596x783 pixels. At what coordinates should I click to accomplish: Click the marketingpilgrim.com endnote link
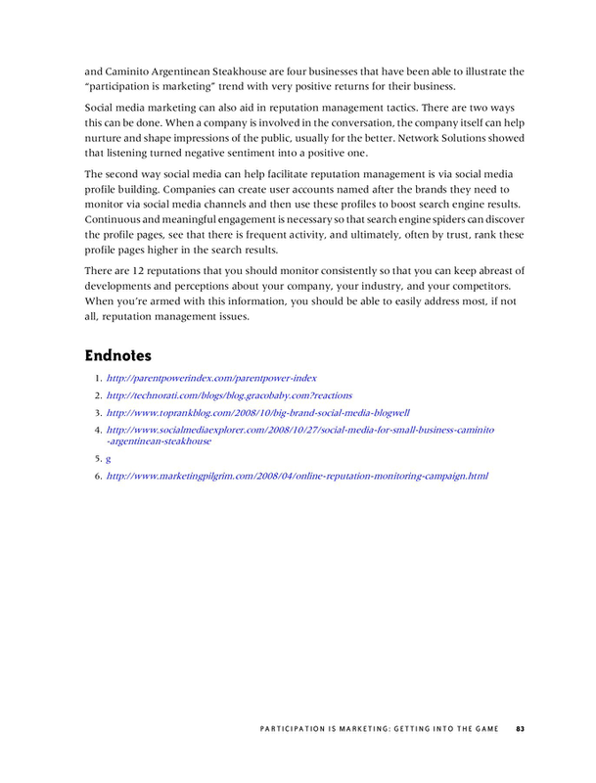[297, 476]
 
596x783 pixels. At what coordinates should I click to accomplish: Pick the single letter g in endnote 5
[108, 458]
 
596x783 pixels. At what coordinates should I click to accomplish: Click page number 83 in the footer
[521, 727]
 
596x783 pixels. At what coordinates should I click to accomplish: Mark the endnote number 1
[97, 377]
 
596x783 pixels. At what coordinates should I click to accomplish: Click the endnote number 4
[97, 430]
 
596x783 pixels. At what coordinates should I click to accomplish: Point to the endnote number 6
[97, 476]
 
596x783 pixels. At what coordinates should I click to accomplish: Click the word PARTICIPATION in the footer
[295, 727]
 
